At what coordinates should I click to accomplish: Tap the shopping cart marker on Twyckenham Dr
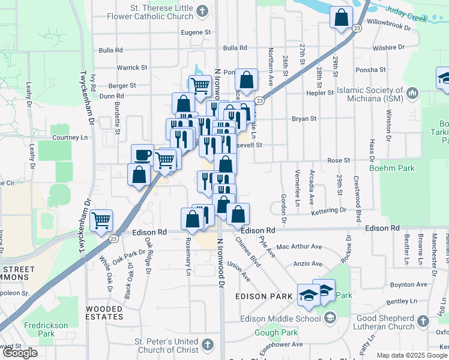click(x=101, y=220)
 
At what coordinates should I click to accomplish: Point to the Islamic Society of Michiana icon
click(x=412, y=94)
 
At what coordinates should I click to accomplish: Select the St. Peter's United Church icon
click(x=207, y=344)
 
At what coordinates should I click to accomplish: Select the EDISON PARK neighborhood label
click(x=264, y=296)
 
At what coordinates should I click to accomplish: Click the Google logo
click(x=20, y=353)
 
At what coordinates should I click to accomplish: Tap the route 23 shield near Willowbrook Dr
click(x=357, y=28)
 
